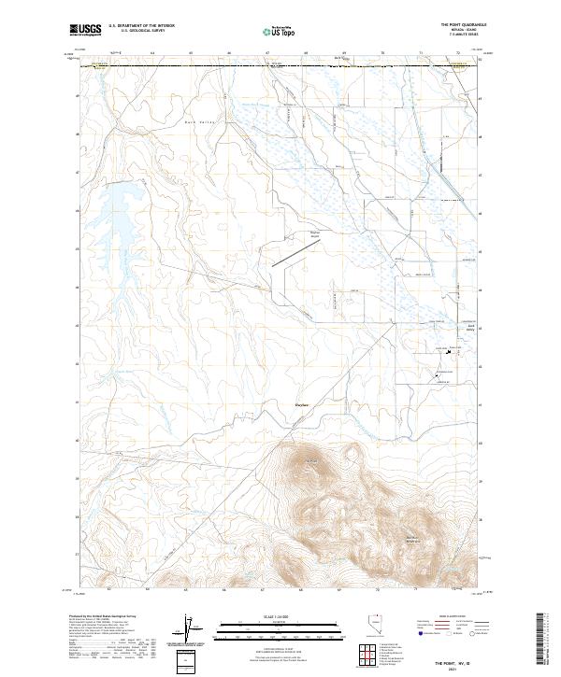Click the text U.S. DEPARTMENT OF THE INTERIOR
click(141, 25)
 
